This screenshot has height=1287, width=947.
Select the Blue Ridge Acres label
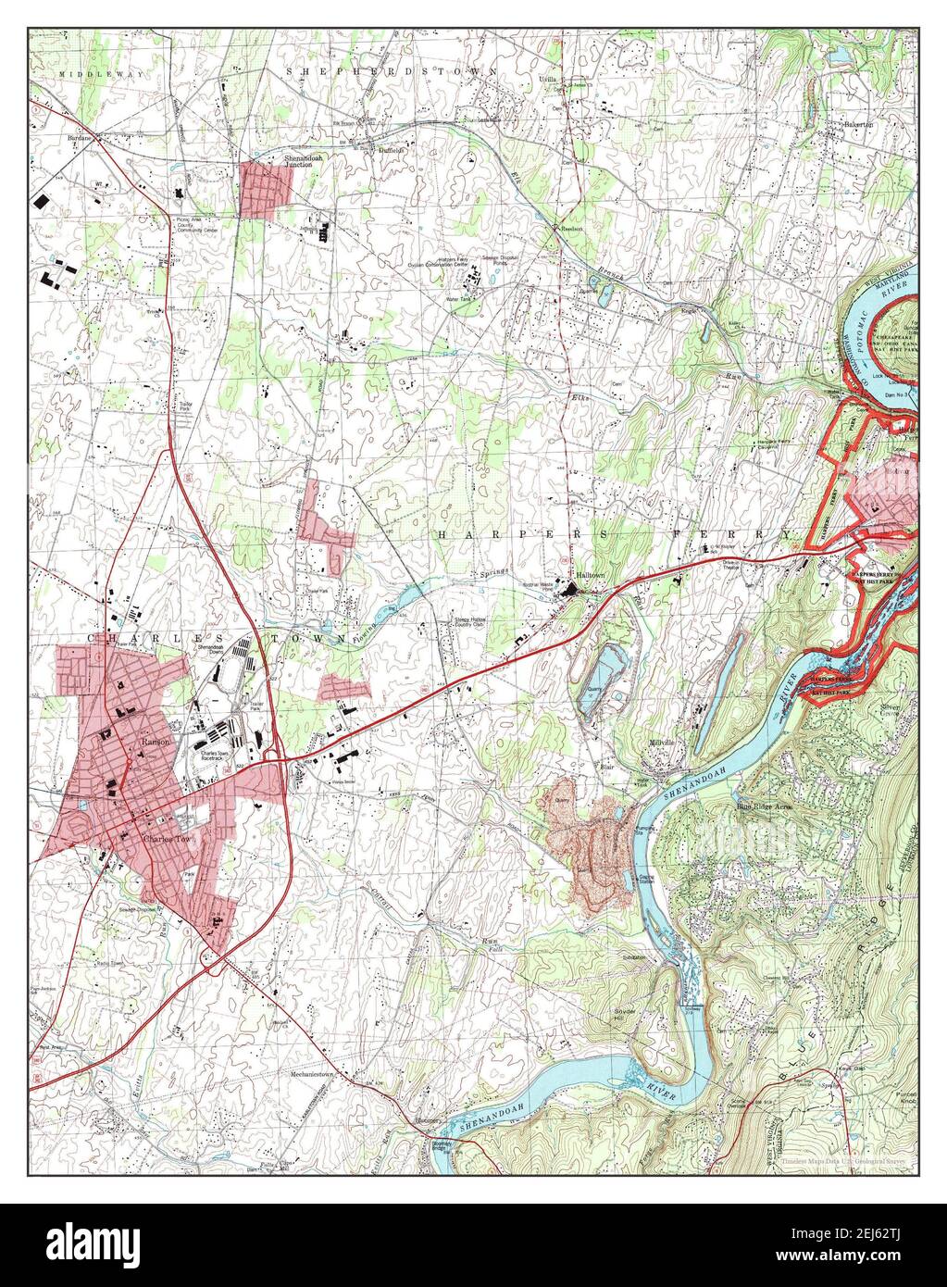pyautogui.click(x=764, y=807)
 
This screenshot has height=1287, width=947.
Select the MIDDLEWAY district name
pyautogui.click(x=88, y=72)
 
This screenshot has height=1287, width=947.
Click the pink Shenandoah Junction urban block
pyautogui.click(x=265, y=190)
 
